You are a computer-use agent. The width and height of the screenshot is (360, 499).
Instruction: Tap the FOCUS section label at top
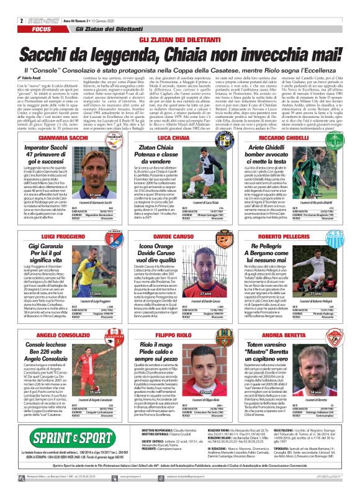[42, 29]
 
